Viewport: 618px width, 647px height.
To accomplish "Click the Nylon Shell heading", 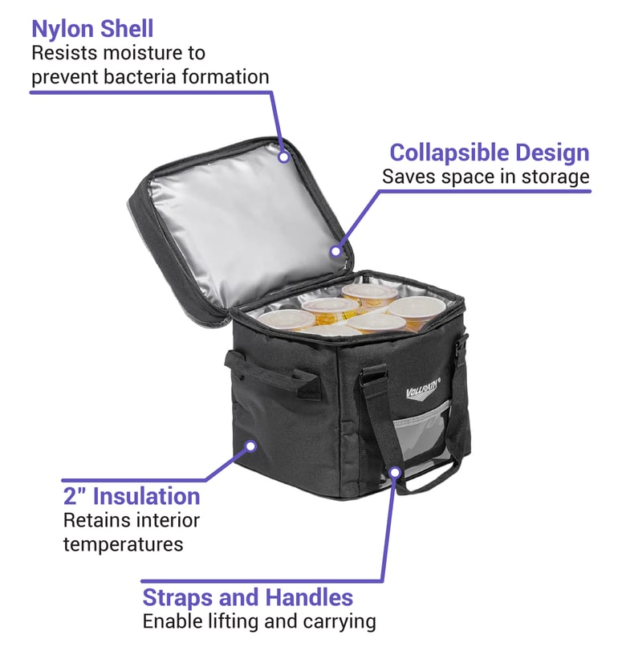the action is [x=92, y=29].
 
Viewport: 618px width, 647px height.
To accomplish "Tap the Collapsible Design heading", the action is [x=490, y=153].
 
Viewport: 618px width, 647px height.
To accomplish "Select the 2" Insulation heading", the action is [x=132, y=496].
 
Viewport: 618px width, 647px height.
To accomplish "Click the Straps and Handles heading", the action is [x=247, y=597].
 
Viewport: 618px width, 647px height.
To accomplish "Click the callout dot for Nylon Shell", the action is [x=284, y=157].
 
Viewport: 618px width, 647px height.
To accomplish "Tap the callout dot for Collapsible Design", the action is [x=336, y=251].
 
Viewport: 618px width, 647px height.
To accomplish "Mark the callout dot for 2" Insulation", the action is [x=250, y=446].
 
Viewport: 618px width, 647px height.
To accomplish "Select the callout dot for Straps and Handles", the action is [x=395, y=473].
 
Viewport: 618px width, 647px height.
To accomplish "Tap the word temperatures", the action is [x=123, y=545].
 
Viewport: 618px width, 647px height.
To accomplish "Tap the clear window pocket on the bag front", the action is [x=420, y=438].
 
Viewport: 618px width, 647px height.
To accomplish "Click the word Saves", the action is [x=409, y=177].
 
